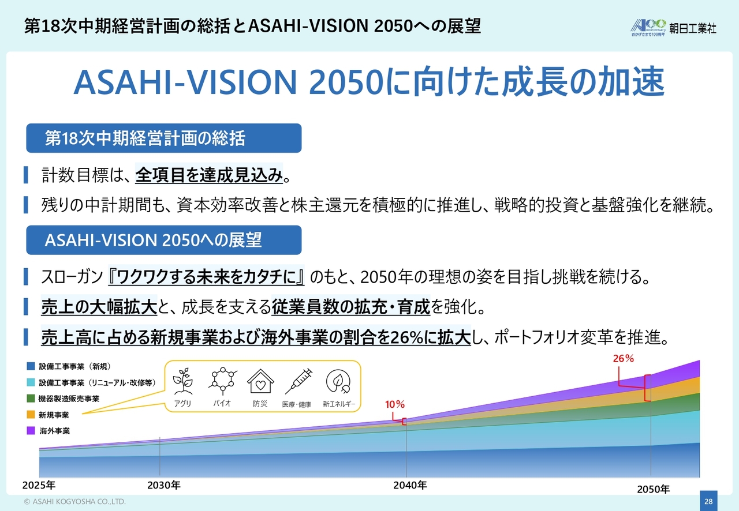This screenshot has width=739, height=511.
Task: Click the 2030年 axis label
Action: (x=163, y=485)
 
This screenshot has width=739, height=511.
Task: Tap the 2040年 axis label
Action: (x=410, y=485)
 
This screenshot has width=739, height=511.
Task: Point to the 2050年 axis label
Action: (x=653, y=490)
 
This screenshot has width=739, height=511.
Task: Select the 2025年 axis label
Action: (x=39, y=485)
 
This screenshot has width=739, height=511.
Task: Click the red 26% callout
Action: (x=623, y=358)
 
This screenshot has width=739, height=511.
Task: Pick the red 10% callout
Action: (x=394, y=404)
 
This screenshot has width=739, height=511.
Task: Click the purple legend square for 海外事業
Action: (x=31, y=431)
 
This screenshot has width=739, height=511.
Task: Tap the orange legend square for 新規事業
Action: (x=31, y=415)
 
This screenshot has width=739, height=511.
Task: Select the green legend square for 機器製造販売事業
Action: (x=31, y=399)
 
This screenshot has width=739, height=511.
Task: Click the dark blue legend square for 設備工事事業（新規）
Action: (x=31, y=366)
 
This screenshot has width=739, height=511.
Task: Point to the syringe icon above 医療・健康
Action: (x=298, y=381)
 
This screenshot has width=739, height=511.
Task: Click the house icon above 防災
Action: (x=260, y=381)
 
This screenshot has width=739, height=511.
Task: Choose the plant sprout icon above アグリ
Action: (x=183, y=381)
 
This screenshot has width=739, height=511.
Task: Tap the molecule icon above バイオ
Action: (x=223, y=381)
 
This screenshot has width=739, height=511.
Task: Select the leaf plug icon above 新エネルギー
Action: (x=338, y=381)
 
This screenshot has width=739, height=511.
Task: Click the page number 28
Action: (x=708, y=501)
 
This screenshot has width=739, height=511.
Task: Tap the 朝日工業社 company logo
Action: (x=673, y=28)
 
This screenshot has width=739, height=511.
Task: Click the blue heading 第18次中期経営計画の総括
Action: (x=163, y=138)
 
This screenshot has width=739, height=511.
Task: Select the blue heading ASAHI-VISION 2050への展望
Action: (x=163, y=240)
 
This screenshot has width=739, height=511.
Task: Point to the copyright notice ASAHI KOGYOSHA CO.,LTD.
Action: (x=75, y=501)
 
